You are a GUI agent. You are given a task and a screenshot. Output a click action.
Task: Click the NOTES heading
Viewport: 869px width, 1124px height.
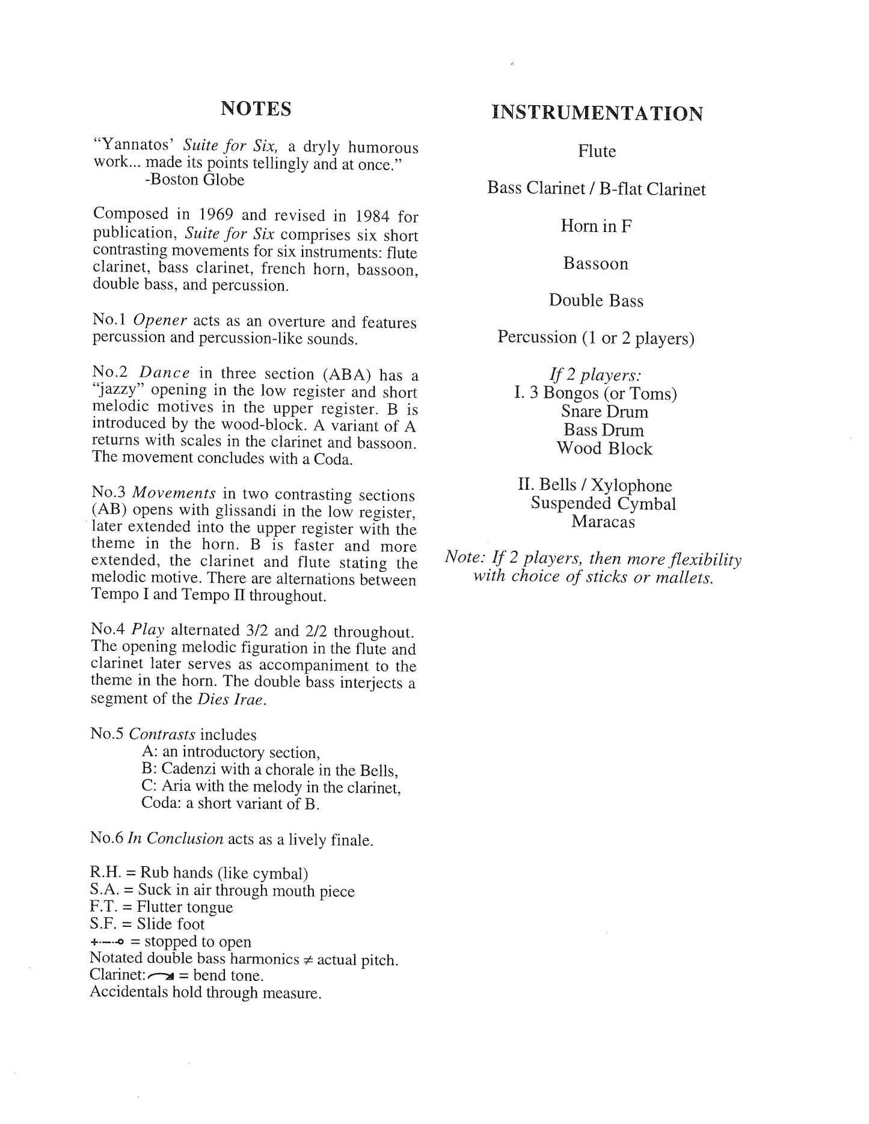(x=256, y=109)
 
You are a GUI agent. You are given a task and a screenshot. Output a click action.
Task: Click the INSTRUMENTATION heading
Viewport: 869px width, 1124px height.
(x=597, y=113)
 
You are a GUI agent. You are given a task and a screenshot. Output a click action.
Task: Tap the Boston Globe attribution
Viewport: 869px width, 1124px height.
(x=194, y=180)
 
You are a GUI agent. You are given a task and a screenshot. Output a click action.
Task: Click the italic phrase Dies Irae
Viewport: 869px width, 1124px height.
(x=230, y=700)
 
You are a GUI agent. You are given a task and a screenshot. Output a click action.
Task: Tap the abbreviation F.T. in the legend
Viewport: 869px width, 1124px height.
(x=102, y=907)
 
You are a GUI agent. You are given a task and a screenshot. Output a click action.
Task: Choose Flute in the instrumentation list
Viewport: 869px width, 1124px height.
(x=597, y=151)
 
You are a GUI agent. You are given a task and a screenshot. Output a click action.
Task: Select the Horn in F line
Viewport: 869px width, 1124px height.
(x=596, y=226)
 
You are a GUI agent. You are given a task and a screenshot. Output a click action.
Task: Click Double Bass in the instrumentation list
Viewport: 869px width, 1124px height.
(x=595, y=301)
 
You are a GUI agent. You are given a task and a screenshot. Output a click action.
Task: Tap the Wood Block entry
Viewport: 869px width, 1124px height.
(x=604, y=448)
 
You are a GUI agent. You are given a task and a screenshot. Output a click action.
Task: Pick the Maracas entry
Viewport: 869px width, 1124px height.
(x=603, y=522)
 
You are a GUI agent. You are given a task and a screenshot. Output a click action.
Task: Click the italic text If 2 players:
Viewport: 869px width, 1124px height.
(x=595, y=375)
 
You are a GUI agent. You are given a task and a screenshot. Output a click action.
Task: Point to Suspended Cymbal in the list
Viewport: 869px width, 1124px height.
(x=603, y=504)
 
